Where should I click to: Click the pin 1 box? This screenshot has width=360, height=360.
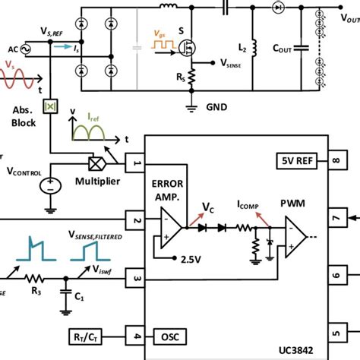point(135,163)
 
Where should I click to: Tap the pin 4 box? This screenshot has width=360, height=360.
point(135,334)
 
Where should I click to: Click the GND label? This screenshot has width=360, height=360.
point(216,108)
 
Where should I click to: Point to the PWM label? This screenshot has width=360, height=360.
point(293,203)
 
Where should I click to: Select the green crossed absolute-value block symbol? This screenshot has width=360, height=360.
point(50,106)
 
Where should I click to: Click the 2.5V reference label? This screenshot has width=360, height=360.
point(191,259)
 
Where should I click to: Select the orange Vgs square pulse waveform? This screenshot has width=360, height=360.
point(163,46)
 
